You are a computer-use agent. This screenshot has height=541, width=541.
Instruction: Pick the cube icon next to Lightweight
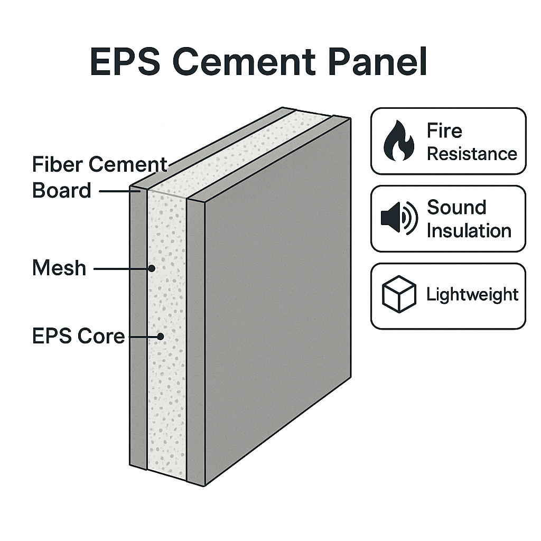(399, 294)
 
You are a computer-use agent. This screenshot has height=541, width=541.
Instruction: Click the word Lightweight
(472, 294)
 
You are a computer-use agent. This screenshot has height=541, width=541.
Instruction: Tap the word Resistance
(472, 154)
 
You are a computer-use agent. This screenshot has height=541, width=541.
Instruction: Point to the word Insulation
(469, 230)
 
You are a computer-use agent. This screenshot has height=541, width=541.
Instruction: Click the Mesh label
(59, 268)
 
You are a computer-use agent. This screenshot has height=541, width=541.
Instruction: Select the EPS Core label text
(78, 336)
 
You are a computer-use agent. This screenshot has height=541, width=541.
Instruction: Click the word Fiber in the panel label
(57, 165)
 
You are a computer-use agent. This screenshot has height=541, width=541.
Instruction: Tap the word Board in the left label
(61, 190)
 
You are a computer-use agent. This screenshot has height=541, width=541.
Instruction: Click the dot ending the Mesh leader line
(152, 268)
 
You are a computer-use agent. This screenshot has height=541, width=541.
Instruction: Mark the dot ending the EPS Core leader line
(161, 336)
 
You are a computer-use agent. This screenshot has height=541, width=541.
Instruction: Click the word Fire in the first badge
(444, 130)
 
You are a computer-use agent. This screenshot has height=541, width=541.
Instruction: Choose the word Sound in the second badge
(456, 207)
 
